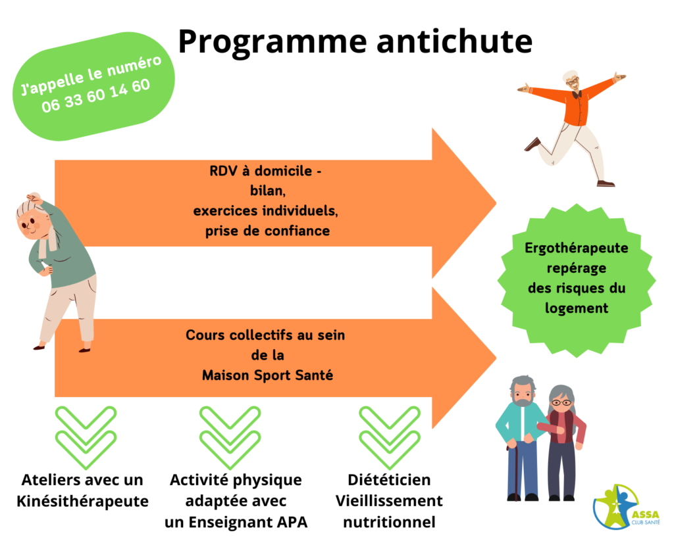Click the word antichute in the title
[x=455, y=41]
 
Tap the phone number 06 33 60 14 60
[x=96, y=96]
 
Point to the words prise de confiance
[x=267, y=231]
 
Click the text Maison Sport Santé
[x=267, y=375]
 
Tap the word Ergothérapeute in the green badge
[x=577, y=249]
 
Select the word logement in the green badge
[x=577, y=308]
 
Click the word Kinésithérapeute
[x=82, y=501]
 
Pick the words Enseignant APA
[x=248, y=522]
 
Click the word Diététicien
[x=389, y=480]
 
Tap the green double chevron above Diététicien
[x=390, y=438]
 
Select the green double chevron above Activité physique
[x=230, y=438]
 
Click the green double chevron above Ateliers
[x=86, y=438]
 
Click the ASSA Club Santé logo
[x=626, y=507]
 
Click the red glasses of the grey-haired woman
[x=562, y=403]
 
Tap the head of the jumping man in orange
[x=572, y=80]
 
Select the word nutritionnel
[x=389, y=522]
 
